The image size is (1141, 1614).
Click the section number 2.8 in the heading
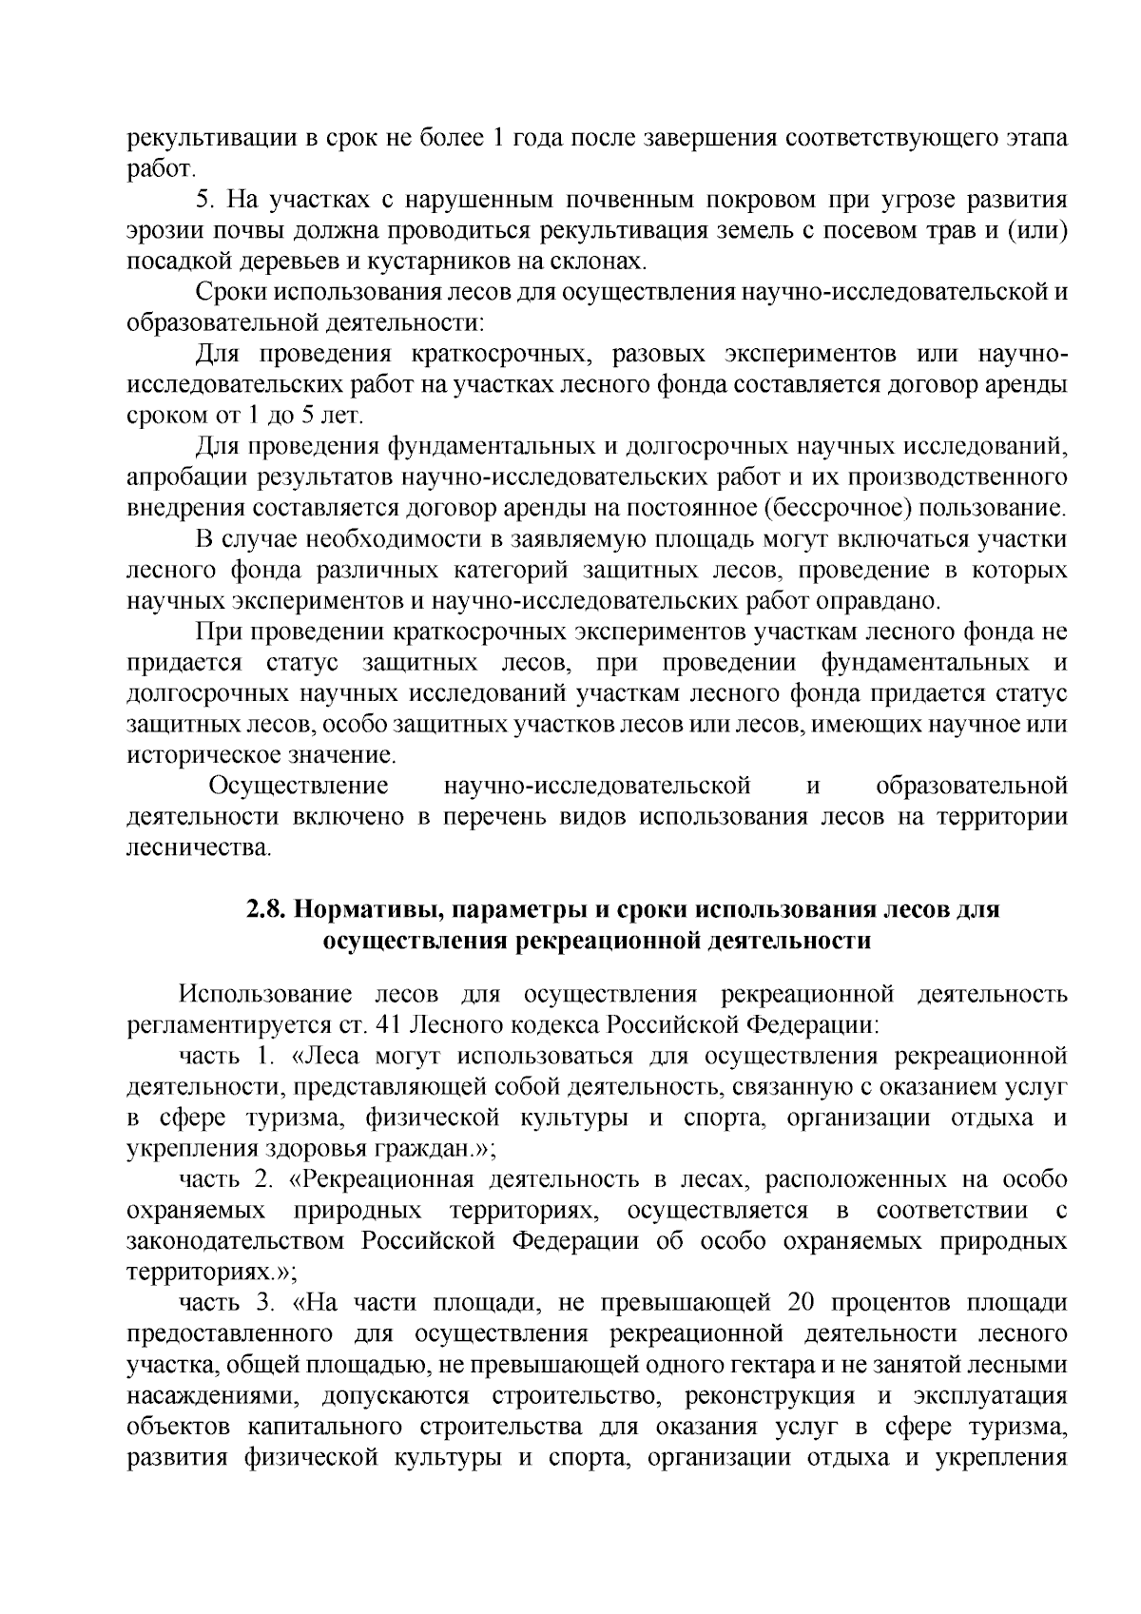pos(266,909)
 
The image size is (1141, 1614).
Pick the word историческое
pos(194,755)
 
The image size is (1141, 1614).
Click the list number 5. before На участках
pos(203,200)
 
